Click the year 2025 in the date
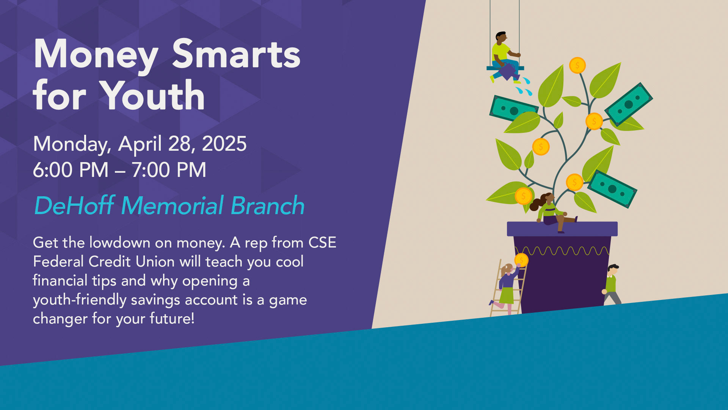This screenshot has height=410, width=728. [224, 144]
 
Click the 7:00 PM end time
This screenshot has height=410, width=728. [169, 170]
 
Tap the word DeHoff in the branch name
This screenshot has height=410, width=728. [74, 205]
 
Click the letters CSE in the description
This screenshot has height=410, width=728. [322, 243]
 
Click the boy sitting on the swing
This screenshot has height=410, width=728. [505, 57]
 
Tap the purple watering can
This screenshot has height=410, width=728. [507, 71]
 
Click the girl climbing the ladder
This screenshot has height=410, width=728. [506, 288]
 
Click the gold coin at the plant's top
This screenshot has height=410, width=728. [577, 65]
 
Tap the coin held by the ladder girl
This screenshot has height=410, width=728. [521, 260]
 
